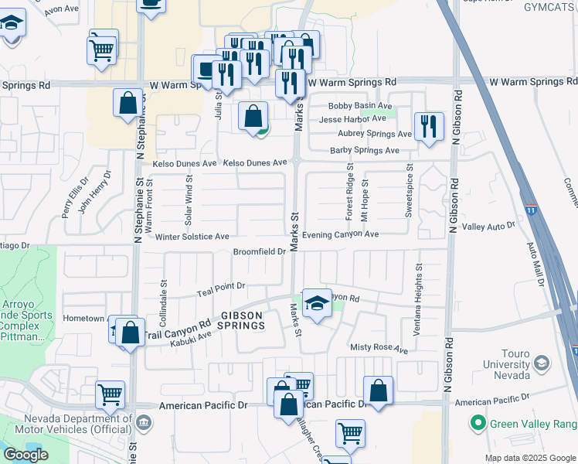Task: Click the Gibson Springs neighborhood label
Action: pos(243,320)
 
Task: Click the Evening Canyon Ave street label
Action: pos(341,234)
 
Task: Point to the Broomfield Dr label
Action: pos(260,251)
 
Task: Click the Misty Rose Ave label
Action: pos(379,349)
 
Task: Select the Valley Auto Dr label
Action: pos(488,227)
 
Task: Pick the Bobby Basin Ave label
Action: pos(360,106)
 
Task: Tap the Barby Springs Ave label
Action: pos(365,151)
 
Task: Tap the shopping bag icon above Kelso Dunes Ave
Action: pos(253,117)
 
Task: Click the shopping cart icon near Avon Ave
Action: pos(103,49)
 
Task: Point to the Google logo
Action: pos(25,455)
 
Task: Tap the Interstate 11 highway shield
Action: pos(530,210)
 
